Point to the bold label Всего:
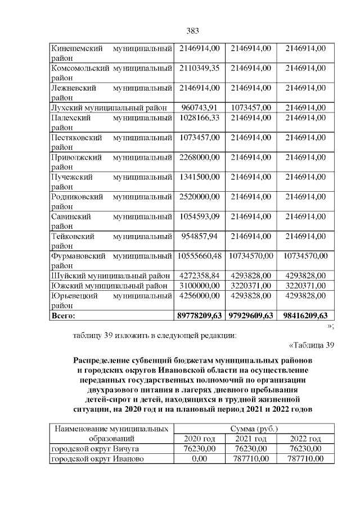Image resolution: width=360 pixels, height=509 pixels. coord(63,315)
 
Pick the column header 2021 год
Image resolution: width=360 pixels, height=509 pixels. coord(250,439)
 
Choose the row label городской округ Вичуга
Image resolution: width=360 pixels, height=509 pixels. coord(94,449)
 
